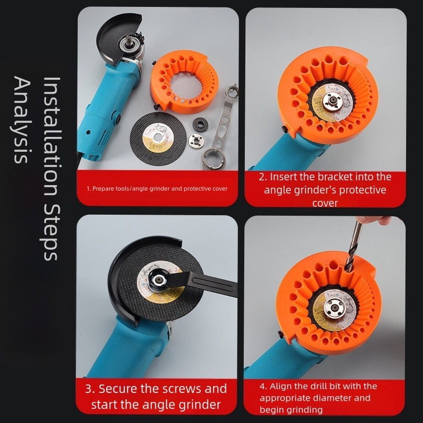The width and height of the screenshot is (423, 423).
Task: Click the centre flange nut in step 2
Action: tap(332, 102)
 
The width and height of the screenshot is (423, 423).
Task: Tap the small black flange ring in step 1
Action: tap(200, 124)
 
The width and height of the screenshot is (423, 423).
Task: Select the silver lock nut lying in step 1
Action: tap(196, 141)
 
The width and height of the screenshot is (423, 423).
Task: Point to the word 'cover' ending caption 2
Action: tap(325, 203)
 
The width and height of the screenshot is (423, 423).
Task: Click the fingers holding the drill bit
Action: tap(372, 220)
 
